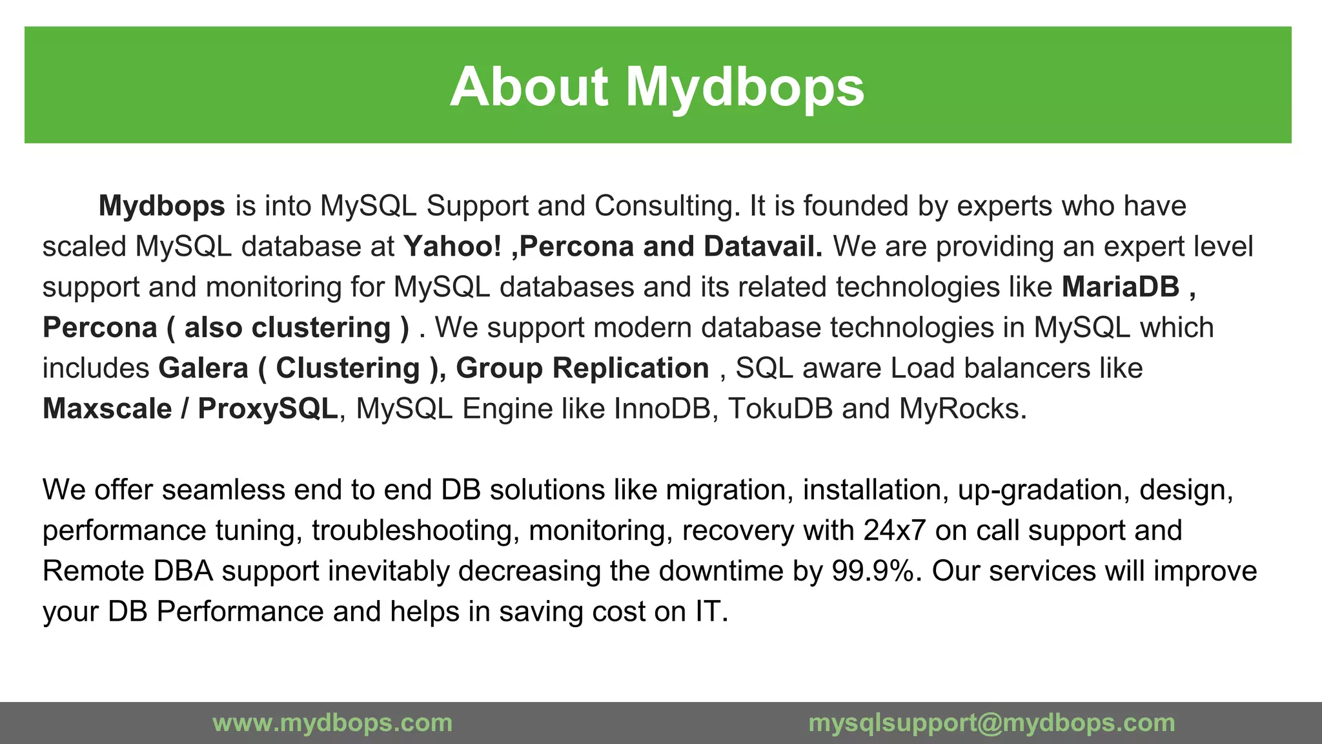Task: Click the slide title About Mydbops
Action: tap(657, 87)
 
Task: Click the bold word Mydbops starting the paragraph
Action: tap(161, 206)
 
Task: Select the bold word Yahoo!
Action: tap(452, 247)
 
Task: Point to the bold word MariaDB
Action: tap(1121, 287)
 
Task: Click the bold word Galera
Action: tap(203, 368)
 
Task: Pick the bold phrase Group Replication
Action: tap(582, 368)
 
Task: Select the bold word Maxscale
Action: tap(107, 409)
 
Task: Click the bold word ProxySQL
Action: tap(267, 409)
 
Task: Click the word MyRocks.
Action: tap(962, 409)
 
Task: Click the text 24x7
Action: tap(895, 530)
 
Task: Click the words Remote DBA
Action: tap(128, 571)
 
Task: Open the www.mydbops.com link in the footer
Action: tap(332, 723)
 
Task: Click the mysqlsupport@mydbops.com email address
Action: tap(991, 723)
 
